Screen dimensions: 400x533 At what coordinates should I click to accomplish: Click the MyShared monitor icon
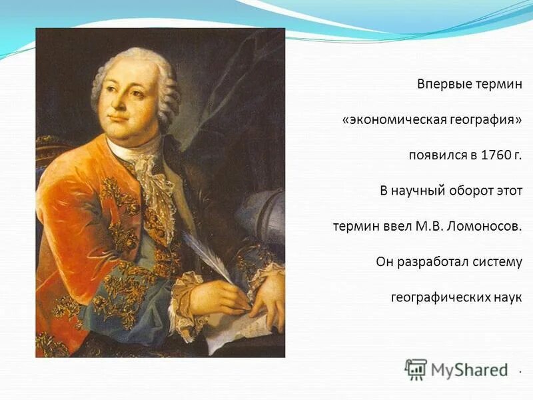pyautogui.click(x=416, y=369)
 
